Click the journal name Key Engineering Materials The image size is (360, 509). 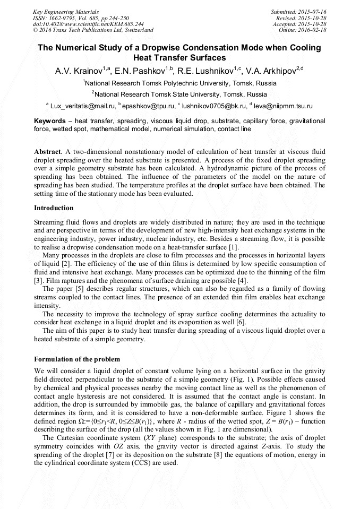coord(66,11)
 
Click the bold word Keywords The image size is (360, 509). coord(50,121)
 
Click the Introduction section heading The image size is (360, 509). coord(54,208)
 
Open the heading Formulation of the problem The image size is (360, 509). coord(77,359)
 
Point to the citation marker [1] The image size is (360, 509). coord(234,247)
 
